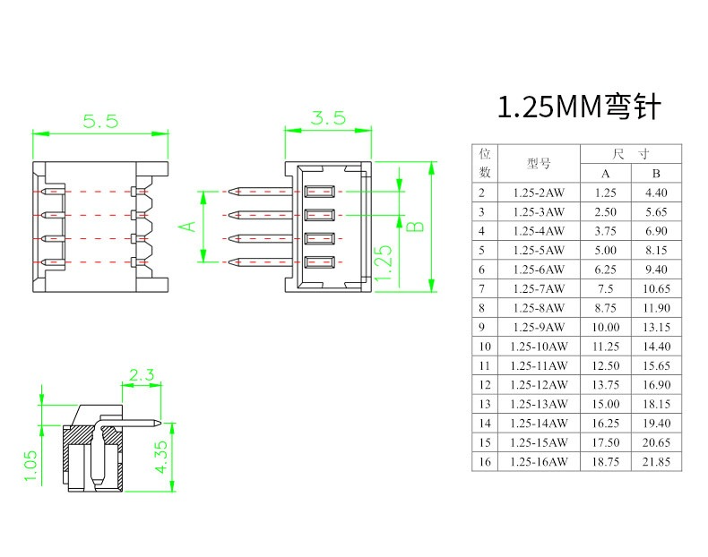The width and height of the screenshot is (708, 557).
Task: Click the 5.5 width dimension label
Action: point(100,121)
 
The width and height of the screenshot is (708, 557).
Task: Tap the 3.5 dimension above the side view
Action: point(328,117)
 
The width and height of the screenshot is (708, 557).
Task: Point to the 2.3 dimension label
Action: point(142,374)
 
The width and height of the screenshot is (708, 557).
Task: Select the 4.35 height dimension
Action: point(161,457)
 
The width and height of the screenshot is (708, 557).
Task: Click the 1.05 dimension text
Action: point(30,466)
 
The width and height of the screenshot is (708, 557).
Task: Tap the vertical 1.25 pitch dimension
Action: point(384,262)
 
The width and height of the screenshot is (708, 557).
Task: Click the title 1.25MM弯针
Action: point(579,107)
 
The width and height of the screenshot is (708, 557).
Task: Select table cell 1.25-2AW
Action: point(539,193)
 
